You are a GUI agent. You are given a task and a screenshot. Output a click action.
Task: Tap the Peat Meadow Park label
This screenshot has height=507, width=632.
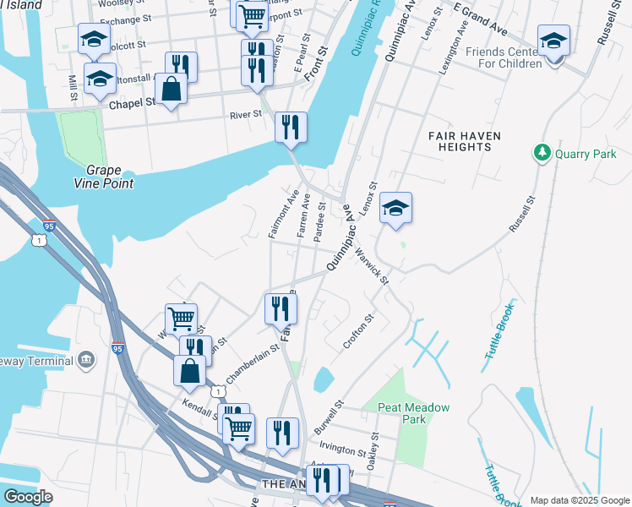coord(413,413)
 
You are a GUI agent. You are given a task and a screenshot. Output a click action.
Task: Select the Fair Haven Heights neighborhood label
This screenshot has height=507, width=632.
coord(465,141)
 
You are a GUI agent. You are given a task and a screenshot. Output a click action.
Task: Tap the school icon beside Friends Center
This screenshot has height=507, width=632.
coord(553,41)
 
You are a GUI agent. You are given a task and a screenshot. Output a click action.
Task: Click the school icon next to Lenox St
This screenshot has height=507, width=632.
coord(395,209)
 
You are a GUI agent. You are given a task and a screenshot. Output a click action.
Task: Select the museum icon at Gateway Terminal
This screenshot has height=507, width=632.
coord(85,361)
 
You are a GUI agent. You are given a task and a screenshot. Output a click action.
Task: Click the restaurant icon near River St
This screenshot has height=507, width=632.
coord(290,128)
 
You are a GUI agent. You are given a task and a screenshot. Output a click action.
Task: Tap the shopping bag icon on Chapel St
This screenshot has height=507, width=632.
coord(171,89)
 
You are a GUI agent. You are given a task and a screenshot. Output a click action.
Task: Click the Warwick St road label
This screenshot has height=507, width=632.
coord(372,265)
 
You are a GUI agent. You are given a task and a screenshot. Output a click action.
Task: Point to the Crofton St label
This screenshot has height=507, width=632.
coord(357,332)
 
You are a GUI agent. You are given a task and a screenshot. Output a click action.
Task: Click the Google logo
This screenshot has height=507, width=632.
coord(27,496)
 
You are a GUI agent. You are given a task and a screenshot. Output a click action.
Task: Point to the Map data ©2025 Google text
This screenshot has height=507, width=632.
coord(579,500)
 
